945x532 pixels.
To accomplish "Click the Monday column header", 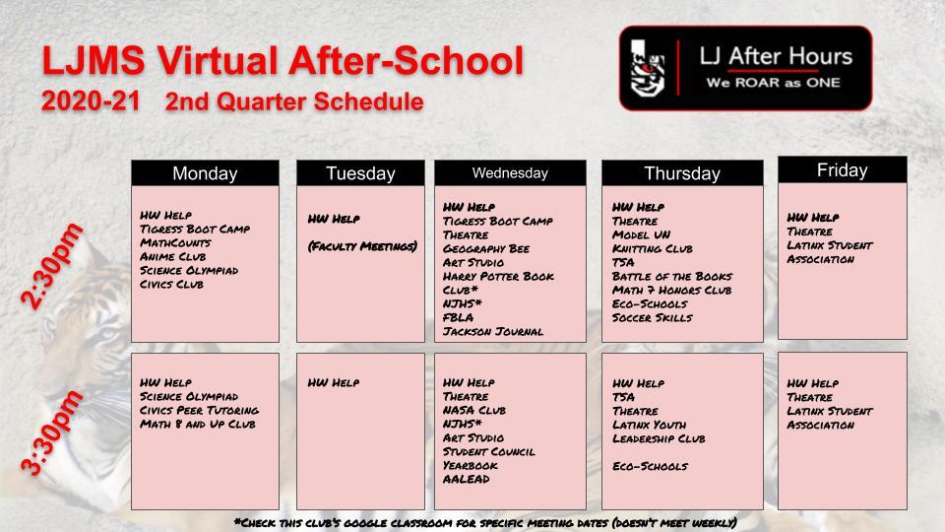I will [205, 173].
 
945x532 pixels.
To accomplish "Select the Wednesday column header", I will [509, 173].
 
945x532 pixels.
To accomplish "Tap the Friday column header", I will [842, 170].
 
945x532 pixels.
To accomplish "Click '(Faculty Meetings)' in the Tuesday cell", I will [361, 245].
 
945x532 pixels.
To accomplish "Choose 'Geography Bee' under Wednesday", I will [486, 248].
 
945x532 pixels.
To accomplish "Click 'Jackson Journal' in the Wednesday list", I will [493, 331].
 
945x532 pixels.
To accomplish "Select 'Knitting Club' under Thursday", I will [652, 248].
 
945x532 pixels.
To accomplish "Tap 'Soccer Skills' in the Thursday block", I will [652, 317].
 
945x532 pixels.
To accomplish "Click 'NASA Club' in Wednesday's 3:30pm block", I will [474, 410].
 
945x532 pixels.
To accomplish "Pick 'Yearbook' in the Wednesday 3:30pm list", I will [470, 465].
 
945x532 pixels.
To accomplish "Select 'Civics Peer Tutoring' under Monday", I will [200, 410].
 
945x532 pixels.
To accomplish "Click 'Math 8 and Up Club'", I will [198, 424].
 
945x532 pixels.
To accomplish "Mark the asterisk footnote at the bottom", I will [485, 522].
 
